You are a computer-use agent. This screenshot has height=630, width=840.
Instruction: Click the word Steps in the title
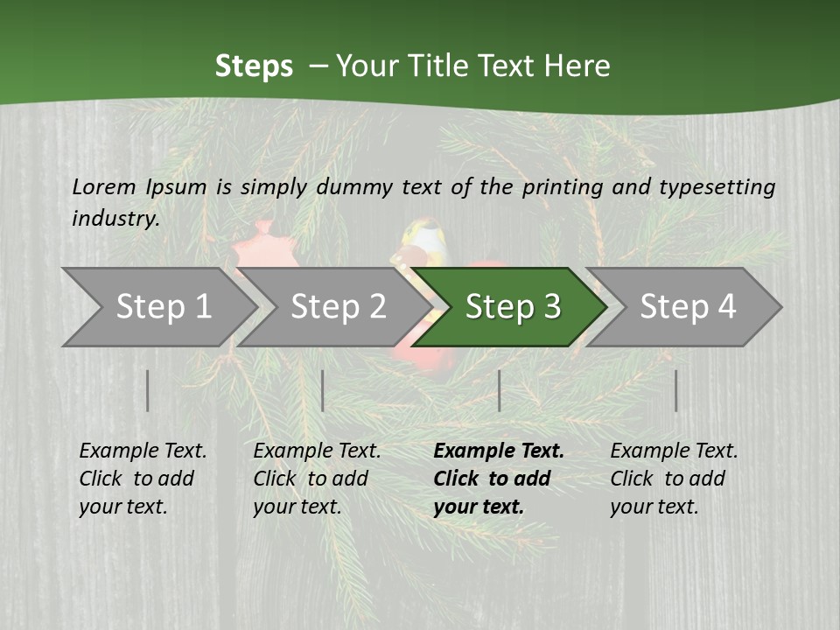coord(254,66)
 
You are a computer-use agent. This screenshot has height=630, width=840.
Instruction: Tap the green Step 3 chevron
coord(513,307)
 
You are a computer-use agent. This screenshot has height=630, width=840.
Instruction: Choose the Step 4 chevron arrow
coord(688,307)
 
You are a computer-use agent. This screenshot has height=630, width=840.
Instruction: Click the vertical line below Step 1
coord(148,390)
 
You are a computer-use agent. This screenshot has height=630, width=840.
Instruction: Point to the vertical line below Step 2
coord(323,390)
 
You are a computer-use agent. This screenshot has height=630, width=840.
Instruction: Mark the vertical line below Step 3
coord(499,390)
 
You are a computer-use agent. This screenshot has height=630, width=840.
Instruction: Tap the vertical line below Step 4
coord(675,390)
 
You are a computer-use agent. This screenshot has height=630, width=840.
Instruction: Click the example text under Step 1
coord(143,479)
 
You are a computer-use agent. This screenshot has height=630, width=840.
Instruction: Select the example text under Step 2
coord(317,479)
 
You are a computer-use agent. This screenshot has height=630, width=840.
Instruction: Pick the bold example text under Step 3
coord(499,479)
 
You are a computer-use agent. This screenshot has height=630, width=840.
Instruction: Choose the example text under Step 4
coord(674,479)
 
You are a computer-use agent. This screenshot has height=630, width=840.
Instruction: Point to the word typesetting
coord(717,187)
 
